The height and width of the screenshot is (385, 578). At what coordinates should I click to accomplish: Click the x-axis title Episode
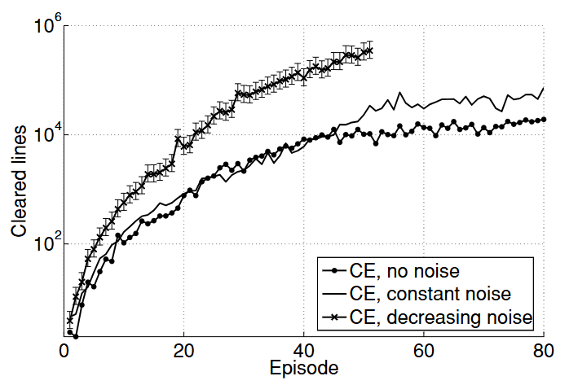tap(304, 369)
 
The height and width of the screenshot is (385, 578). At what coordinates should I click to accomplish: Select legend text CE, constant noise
tap(430, 292)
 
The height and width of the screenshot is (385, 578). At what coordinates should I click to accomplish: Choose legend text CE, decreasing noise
tap(440, 316)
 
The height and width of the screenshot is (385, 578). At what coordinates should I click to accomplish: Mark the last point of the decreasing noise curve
tap(370, 50)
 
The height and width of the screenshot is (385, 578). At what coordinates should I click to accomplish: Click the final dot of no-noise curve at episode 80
tap(544, 119)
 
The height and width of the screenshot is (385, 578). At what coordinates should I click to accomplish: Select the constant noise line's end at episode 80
tap(544, 88)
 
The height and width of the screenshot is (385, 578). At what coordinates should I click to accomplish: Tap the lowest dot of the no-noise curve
tap(76, 335)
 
